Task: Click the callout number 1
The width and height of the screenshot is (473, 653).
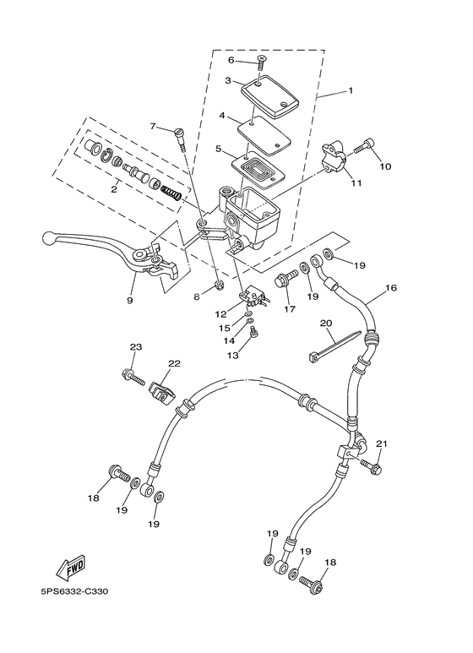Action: pos(351,90)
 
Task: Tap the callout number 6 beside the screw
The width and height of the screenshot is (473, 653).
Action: pos(231,60)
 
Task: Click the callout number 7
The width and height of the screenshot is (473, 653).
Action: pos(154,127)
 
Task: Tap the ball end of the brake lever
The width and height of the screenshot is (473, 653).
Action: pos(51,238)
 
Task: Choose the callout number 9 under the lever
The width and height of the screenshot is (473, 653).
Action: pos(130,299)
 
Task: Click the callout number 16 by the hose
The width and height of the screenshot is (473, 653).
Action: pos(390,287)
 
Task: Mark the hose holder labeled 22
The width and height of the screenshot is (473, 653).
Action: pos(162,391)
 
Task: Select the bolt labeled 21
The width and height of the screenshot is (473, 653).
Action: pos(372,465)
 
